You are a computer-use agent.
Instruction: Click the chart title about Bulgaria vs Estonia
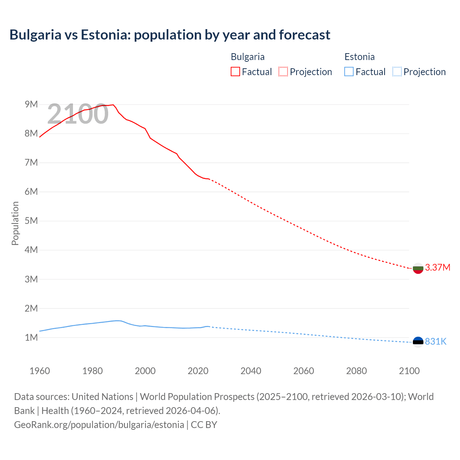170,35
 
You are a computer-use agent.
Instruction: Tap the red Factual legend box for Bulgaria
235,72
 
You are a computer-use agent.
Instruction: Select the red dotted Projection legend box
283,72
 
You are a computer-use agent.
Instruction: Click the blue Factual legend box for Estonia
349,72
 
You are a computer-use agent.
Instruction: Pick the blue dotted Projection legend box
397,72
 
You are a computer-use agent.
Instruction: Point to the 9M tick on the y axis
31,104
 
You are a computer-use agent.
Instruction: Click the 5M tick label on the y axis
31,221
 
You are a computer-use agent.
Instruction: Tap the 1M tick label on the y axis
31,337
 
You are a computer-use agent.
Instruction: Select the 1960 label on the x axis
40,371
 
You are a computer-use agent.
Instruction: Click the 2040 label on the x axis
251,371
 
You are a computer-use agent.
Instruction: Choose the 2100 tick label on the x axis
409,371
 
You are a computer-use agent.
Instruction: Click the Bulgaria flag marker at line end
418,268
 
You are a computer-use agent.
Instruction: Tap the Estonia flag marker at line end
418,342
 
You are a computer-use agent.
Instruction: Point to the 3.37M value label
437,267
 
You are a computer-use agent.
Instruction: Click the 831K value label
436,341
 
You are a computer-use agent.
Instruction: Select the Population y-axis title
15,223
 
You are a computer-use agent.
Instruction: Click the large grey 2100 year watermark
78,114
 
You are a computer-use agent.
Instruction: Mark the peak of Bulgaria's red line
113,105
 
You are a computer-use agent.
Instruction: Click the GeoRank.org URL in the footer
99,424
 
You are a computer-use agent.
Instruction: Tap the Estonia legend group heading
359,57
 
